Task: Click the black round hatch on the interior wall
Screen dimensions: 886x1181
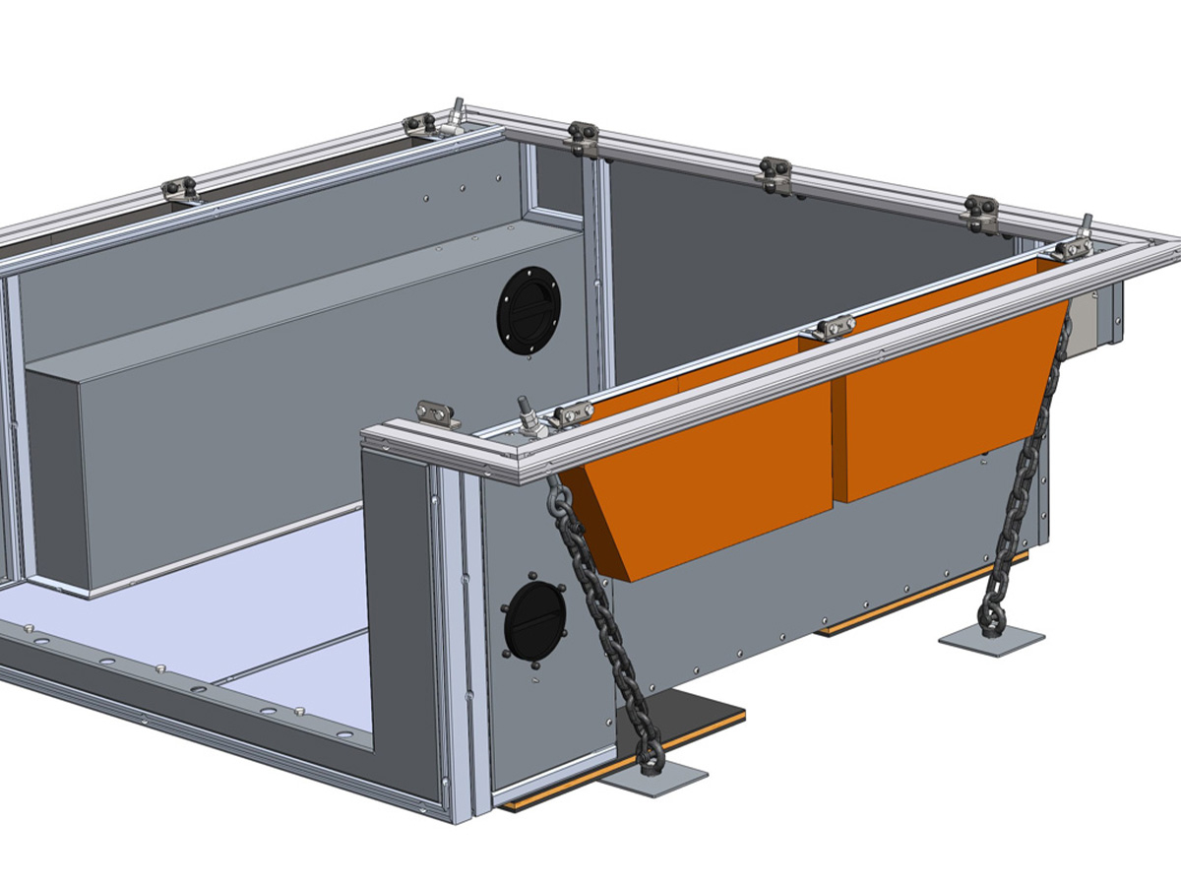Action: point(528,309)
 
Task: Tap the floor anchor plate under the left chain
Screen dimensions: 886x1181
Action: point(653,779)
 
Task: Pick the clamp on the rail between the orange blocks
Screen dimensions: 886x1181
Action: point(833,327)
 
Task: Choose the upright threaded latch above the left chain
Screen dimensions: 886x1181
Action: point(528,417)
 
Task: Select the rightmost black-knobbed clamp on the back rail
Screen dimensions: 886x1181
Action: point(981,213)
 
